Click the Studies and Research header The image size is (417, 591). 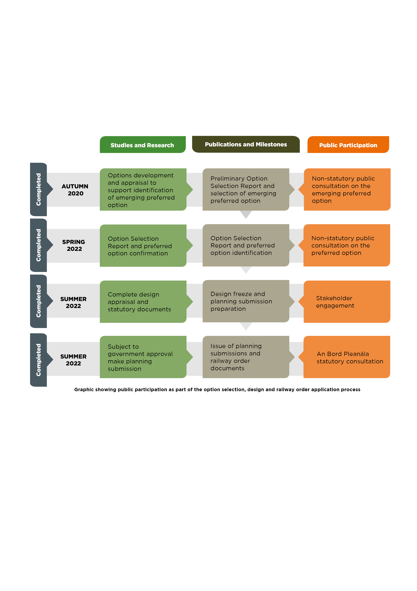pyautogui.click(x=143, y=145)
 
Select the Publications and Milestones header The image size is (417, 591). pyautogui.click(x=246, y=144)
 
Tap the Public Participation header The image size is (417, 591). pyautogui.click(x=348, y=145)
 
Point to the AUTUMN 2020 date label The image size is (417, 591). pyautogui.click(x=75, y=190)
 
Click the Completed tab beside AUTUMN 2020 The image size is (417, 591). pyautogui.click(x=39, y=190)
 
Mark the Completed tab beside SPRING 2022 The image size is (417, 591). pyautogui.click(x=39, y=245)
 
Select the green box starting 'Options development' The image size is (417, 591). pyautogui.click(x=143, y=190)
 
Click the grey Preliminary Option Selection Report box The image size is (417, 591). pyautogui.click(x=246, y=190)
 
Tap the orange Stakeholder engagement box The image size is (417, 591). pyautogui.click(x=347, y=302)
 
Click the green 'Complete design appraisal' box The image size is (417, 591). pyautogui.click(x=143, y=302)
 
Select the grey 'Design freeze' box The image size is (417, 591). pyautogui.click(x=246, y=301)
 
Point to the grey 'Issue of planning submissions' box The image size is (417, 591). pyautogui.click(x=246, y=357)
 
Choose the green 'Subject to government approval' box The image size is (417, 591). pyautogui.click(x=143, y=357)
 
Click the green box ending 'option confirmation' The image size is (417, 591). pyautogui.click(x=143, y=246)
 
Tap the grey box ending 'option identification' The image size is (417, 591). pyautogui.click(x=246, y=245)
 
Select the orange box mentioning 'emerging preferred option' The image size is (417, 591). pyautogui.click(x=347, y=190)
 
